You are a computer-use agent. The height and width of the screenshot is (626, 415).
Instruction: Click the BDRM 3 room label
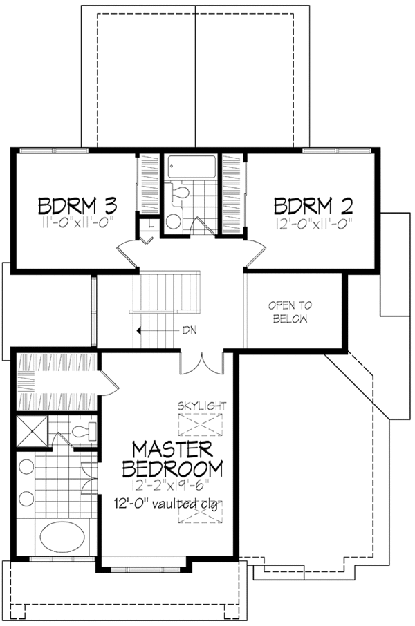(x=77, y=206)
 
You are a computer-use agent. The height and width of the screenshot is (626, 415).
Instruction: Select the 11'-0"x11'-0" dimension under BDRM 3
(x=77, y=222)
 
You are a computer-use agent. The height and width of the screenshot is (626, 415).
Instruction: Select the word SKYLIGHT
(x=201, y=405)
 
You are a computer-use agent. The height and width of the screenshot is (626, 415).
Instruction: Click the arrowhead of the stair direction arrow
(x=140, y=330)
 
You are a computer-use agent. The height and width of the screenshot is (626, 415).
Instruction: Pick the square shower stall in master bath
(x=31, y=430)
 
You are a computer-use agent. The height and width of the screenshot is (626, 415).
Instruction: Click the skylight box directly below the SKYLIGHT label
(x=201, y=421)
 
